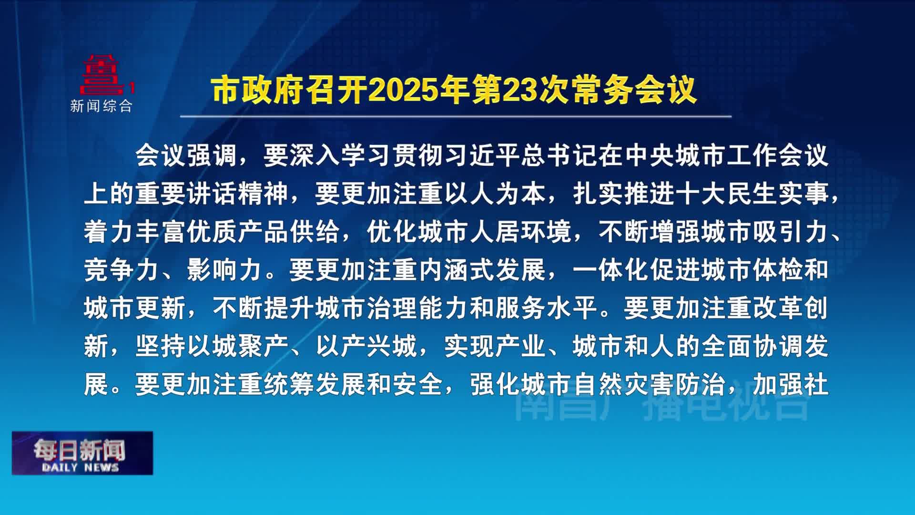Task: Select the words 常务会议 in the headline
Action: point(635,90)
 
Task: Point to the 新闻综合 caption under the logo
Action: point(101,106)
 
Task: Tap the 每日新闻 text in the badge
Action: point(79,450)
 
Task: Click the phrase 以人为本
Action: point(495,194)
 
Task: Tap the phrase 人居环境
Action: point(521,232)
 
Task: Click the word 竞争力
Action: point(122,270)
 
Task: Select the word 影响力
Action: point(225,270)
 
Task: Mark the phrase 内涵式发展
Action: point(482,270)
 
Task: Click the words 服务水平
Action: point(547,308)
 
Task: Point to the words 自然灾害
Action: point(624,384)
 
